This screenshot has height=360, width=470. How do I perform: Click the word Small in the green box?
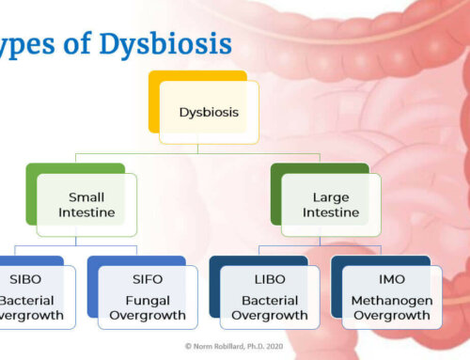tap(86, 197)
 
